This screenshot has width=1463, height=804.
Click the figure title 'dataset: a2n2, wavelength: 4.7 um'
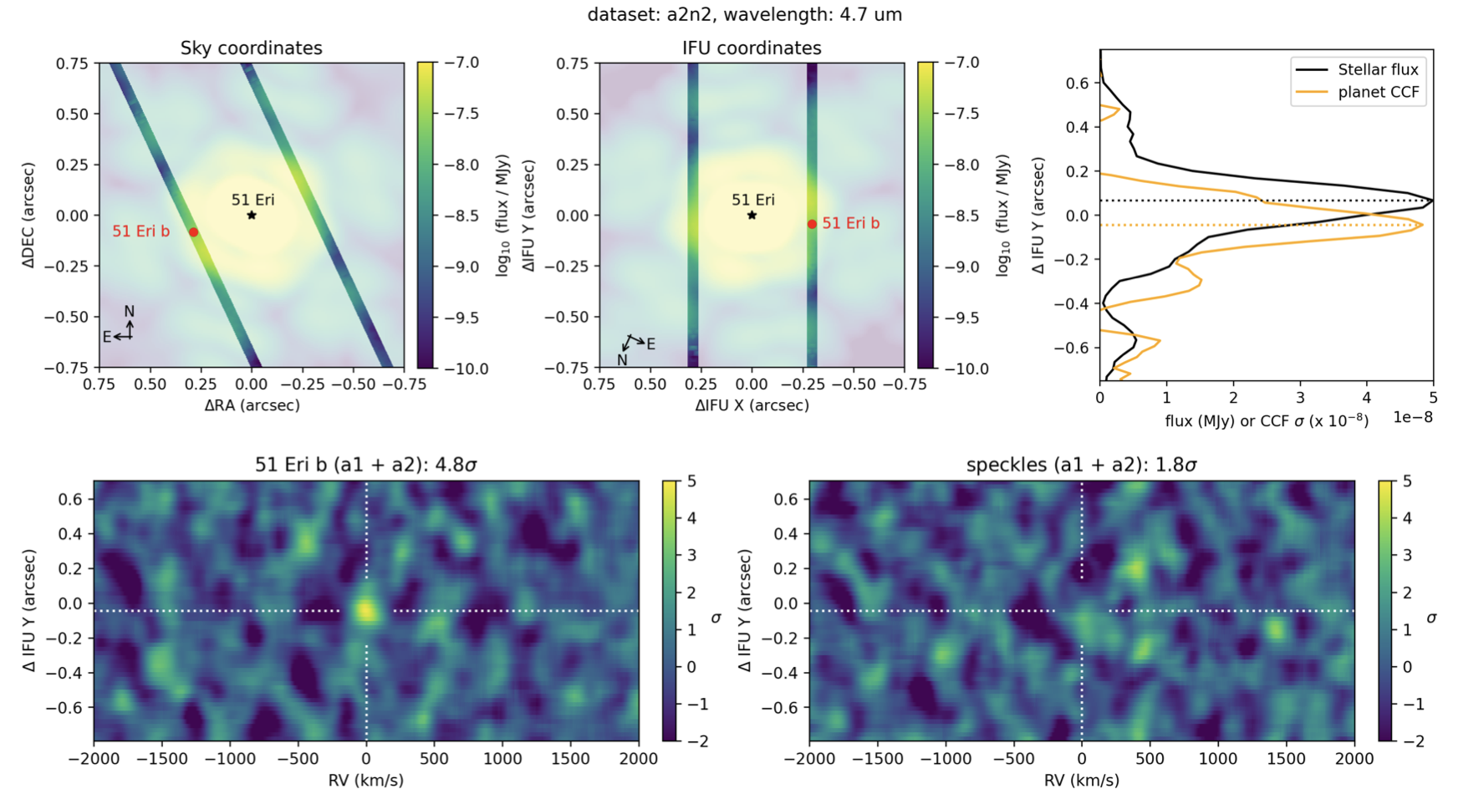744,14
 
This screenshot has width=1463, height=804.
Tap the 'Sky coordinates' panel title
251,48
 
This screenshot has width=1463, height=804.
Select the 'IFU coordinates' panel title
752,48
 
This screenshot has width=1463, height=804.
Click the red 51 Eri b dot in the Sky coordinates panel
194,232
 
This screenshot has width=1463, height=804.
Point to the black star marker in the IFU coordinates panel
752,216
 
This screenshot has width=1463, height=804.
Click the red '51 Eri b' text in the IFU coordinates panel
850,223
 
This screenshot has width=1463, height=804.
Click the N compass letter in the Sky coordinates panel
130,312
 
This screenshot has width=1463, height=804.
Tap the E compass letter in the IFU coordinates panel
650,344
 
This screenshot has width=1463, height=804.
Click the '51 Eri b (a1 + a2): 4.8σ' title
365,465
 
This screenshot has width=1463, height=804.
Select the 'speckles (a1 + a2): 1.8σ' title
1081,465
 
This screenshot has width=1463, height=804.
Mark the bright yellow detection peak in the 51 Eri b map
365,610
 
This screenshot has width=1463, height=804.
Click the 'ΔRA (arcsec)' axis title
252,405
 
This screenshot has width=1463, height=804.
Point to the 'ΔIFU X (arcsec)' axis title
752,405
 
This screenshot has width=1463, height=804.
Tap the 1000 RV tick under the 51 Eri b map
502,759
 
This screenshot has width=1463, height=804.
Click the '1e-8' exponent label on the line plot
1412,417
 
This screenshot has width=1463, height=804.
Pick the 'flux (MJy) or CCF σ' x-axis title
1266,420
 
